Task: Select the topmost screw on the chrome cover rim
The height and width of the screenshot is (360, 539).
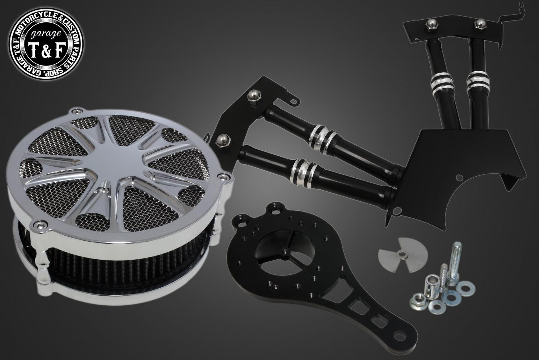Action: tap(77, 111)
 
